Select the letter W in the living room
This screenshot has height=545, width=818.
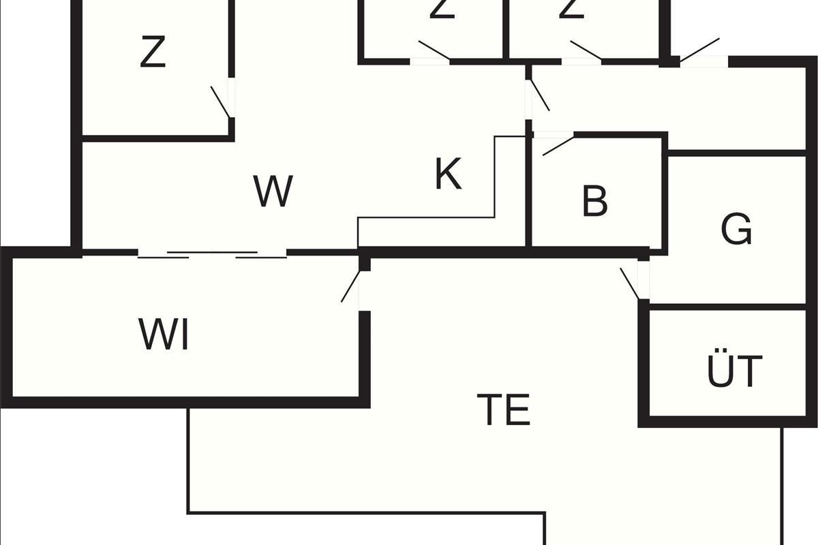pyautogui.click(x=273, y=191)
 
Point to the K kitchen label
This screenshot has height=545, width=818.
pyautogui.click(x=448, y=174)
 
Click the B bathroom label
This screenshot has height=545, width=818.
pyautogui.click(x=595, y=202)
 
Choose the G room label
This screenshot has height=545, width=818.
pyautogui.click(x=736, y=230)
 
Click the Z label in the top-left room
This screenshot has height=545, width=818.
pyautogui.click(x=153, y=53)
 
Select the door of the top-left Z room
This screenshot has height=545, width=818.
pyautogui.click(x=221, y=102)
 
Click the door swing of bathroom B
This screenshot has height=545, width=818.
pyautogui.click(x=558, y=146)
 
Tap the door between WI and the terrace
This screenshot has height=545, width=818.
pyautogui.click(x=350, y=286)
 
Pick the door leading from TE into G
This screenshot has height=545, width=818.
pyautogui.click(x=630, y=283)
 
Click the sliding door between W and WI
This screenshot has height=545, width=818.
pyautogui.click(x=212, y=254)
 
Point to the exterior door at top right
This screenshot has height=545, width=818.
pyautogui.click(x=699, y=50)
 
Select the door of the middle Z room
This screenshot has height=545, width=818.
pyautogui.click(x=434, y=50)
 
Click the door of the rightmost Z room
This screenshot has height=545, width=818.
pyautogui.click(x=586, y=50)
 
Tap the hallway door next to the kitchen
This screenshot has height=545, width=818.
pyautogui.click(x=540, y=95)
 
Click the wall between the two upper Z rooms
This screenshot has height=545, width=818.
pyautogui.click(x=506, y=27)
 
